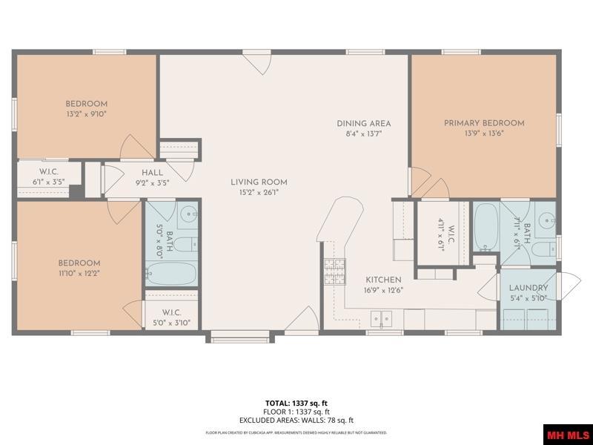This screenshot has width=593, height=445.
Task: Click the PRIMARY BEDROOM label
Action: pos(484,123)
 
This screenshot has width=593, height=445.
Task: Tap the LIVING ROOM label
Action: pos(259,182)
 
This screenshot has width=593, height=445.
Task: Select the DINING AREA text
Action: pos(363,124)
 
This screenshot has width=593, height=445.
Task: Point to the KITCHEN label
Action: pos(383,280)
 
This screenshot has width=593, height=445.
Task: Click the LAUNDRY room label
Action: pos(529,288)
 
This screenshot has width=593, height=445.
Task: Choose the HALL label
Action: pos(152,173)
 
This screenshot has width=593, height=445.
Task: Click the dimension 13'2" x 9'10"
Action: pos(86,114)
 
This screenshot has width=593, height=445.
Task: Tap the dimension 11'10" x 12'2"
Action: pos(79,273)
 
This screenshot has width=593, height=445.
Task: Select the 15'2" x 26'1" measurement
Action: pos(259,192)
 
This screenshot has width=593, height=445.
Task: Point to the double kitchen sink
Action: pos(381,319)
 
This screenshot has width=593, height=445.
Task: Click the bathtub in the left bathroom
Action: pos(171,274)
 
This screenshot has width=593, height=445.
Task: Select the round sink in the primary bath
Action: pos(547,220)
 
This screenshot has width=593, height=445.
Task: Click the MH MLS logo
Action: pos(567,434)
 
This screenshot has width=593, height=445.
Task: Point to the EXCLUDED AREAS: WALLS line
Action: pos(296,421)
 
